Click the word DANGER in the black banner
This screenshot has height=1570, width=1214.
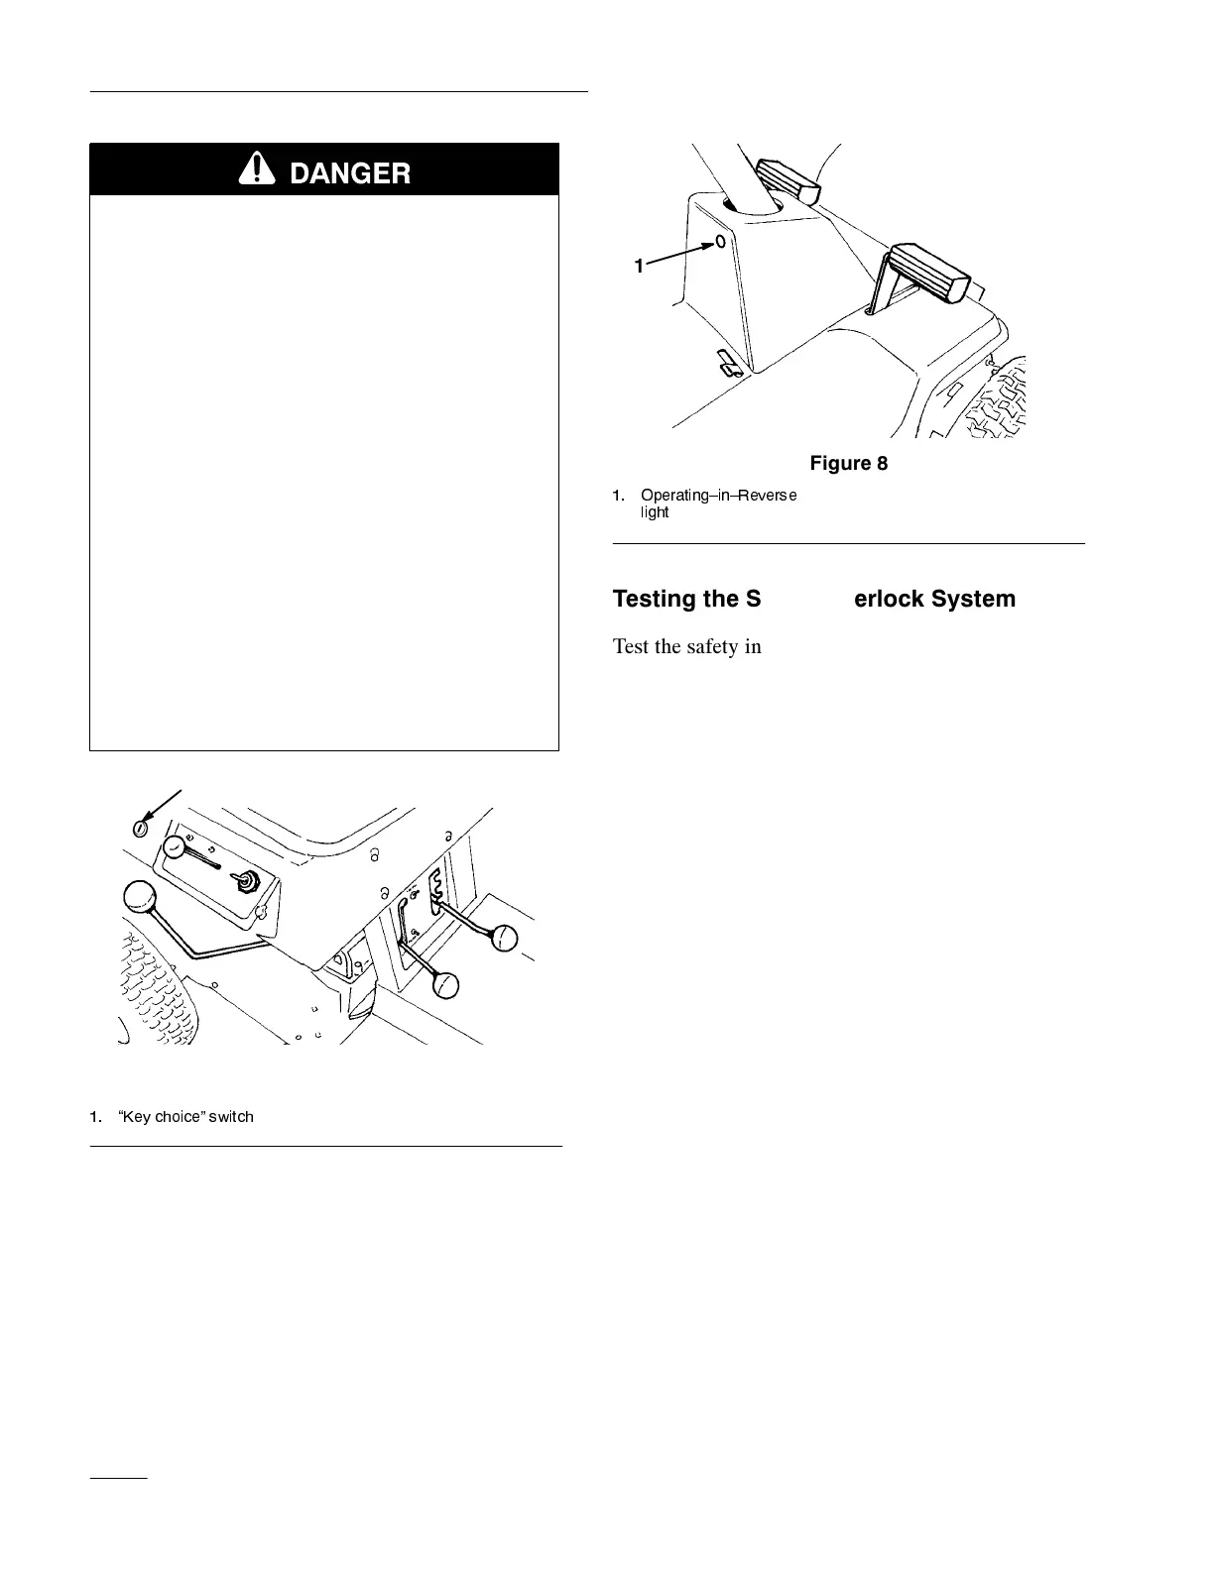tap(348, 173)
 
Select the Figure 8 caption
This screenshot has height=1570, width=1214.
tap(848, 463)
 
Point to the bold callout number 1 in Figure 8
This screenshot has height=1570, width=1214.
tap(640, 266)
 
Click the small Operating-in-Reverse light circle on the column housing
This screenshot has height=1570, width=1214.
tap(720, 241)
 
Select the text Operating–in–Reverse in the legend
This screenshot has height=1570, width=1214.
tap(718, 495)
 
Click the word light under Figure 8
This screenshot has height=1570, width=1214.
tap(655, 512)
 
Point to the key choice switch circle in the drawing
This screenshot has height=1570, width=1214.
tap(142, 827)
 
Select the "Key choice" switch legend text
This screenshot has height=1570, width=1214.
tap(184, 1117)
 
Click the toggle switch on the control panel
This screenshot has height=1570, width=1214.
tap(245, 880)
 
